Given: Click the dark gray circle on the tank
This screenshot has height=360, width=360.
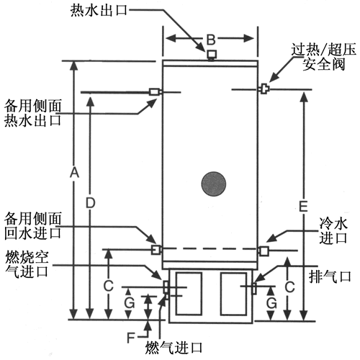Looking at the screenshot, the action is [x=213, y=184].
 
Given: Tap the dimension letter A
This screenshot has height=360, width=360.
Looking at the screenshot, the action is [x=74, y=173].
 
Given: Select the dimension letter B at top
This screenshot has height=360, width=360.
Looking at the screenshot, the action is [x=211, y=40].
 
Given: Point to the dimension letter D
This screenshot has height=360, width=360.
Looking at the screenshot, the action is [x=91, y=203].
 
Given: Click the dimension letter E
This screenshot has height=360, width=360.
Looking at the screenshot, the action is [x=303, y=207].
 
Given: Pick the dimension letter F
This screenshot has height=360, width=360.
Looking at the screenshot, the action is [x=131, y=338].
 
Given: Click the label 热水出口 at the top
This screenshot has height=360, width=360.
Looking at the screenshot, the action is [x=99, y=11].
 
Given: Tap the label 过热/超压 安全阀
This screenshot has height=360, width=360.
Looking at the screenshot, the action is [x=323, y=57].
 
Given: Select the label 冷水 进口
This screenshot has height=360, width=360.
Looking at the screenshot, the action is [x=333, y=231].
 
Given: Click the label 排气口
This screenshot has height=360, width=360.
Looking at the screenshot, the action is [x=330, y=276].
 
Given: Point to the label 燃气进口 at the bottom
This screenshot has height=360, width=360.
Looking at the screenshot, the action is [x=174, y=348].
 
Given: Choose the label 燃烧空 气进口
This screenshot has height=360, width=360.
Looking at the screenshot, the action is [x=27, y=264].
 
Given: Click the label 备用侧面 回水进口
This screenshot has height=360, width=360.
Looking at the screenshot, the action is [x=33, y=225].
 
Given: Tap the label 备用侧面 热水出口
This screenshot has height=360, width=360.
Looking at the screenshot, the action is [x=33, y=113].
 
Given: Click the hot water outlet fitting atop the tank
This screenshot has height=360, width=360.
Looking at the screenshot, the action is [x=212, y=55].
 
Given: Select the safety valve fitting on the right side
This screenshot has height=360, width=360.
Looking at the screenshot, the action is [x=265, y=89].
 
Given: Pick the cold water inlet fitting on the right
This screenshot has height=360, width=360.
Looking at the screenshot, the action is [x=264, y=251].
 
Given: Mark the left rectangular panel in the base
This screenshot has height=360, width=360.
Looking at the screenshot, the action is [x=189, y=294].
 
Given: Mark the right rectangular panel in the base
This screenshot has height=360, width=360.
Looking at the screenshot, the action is [x=233, y=294].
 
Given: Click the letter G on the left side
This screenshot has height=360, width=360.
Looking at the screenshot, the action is [x=129, y=303].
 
